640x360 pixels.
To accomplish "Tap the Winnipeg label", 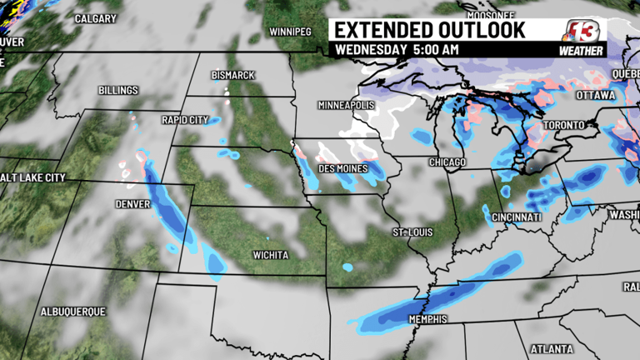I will point(290,32).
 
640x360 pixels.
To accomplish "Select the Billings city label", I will point(118,90).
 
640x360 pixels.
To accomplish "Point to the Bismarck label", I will point(232,75).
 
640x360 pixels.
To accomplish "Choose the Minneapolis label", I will point(347,106).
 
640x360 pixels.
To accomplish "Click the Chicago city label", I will point(448,162).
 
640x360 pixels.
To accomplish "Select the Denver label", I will point(133,204).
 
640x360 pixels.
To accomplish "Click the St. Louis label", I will point(412,232).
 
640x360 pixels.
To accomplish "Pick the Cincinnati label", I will point(517,217).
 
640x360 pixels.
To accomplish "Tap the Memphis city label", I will point(428,319).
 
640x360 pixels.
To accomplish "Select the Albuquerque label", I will point(73,312).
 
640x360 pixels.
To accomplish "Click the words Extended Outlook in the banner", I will point(430,30).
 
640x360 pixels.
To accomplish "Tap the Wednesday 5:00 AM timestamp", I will point(397,50).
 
